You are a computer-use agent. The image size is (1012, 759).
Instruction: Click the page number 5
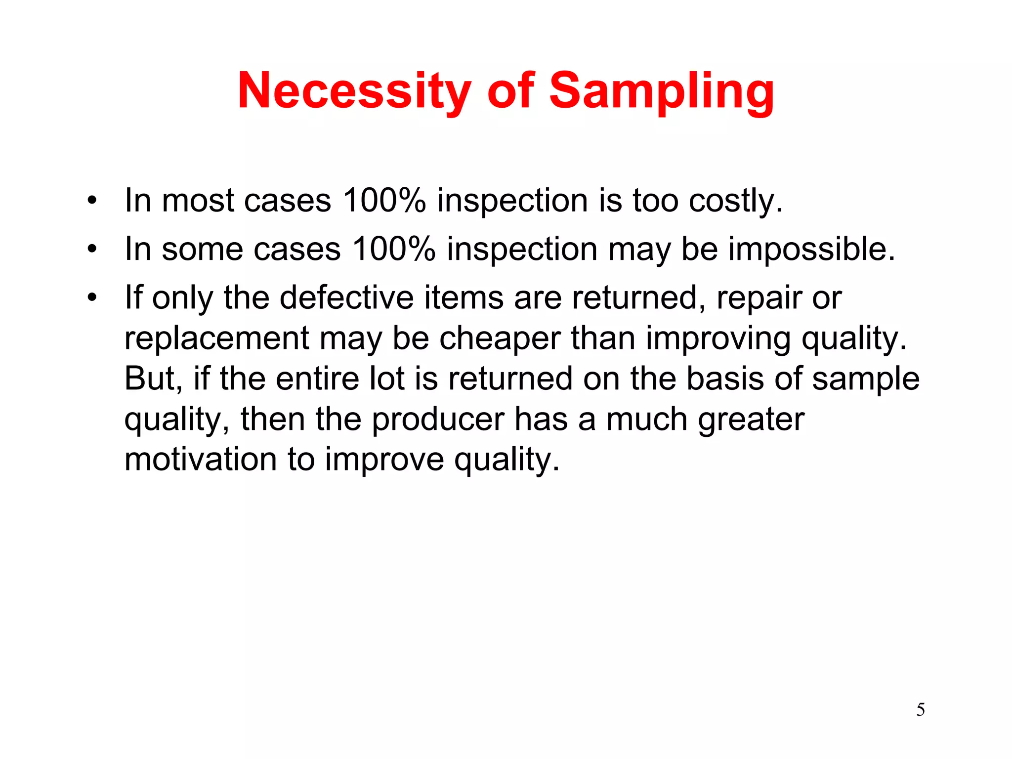click(921, 710)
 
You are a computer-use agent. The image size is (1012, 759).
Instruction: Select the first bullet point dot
click(91, 201)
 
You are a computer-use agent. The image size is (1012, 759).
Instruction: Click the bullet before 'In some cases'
click(91, 249)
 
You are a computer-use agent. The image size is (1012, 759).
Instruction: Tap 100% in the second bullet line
click(394, 249)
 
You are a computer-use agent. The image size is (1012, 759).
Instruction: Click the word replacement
click(216, 338)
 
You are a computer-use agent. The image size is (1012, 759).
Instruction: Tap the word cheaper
click(500, 338)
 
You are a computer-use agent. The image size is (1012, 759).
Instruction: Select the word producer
click(438, 420)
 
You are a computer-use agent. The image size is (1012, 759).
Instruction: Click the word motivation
click(200, 459)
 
